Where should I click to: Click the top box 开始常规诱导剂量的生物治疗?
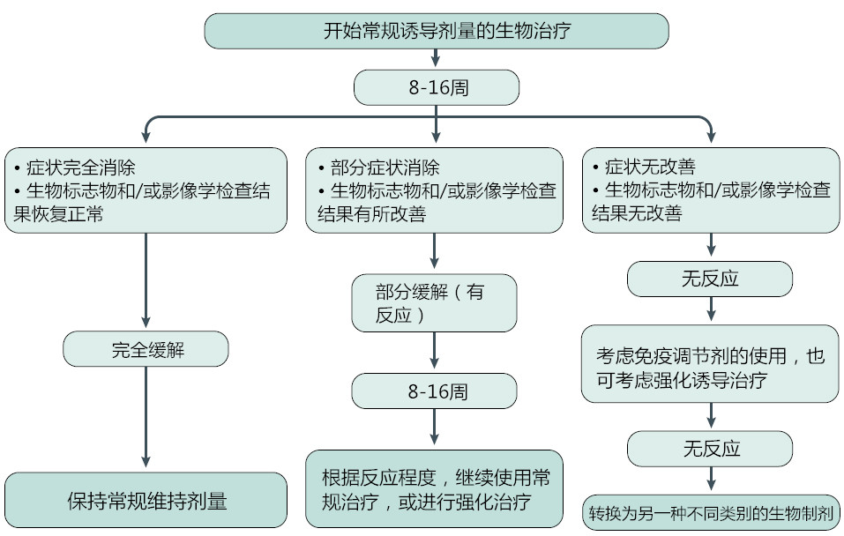436,32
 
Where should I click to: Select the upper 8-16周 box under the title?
436,87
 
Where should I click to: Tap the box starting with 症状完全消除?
146,190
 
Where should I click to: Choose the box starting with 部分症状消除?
434,190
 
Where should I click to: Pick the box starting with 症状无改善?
711,190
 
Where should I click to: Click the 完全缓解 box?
146,349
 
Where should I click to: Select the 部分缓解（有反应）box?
434,303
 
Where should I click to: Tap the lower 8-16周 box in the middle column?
434,391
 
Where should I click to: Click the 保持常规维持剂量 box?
146,501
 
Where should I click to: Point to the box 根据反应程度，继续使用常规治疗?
434,490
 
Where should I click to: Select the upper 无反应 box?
710,279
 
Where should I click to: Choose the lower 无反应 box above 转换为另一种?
710,448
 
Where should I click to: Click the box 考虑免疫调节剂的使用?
710,368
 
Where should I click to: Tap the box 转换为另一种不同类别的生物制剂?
710,512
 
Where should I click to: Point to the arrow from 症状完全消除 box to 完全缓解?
146,282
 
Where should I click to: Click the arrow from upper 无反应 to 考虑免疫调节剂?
710,309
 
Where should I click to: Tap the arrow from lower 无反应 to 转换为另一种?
710,479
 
